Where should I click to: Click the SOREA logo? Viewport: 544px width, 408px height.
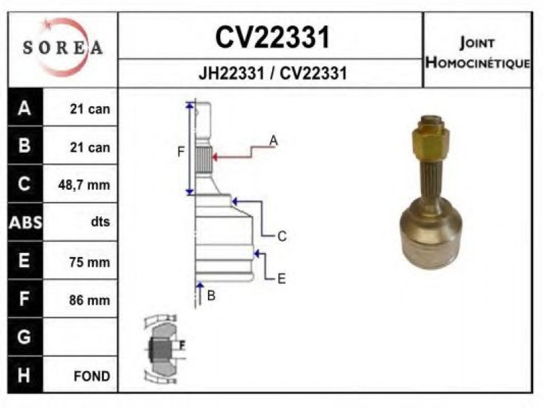click(63, 47)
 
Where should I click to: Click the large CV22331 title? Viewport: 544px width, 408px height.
click(273, 37)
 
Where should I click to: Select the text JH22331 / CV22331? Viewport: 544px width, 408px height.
click(273, 73)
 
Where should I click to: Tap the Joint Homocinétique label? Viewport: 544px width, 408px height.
click(478, 53)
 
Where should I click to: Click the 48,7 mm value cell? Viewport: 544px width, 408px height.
click(84, 184)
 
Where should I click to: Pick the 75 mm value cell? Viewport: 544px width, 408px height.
click(90, 262)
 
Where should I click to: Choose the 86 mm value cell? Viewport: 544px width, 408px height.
click(90, 300)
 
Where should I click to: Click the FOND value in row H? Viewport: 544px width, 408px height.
click(92, 376)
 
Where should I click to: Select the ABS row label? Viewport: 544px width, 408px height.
click(25, 222)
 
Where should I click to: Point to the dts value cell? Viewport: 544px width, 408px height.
click(101, 222)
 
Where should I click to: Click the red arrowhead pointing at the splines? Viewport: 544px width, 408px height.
click(215, 157)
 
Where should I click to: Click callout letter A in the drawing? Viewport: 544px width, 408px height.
click(274, 141)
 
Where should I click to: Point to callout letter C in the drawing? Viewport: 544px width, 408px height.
click(282, 236)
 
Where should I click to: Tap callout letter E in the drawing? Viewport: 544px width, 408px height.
click(282, 279)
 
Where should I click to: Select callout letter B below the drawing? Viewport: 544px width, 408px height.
click(211, 296)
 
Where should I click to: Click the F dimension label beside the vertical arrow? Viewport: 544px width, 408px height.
click(181, 152)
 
